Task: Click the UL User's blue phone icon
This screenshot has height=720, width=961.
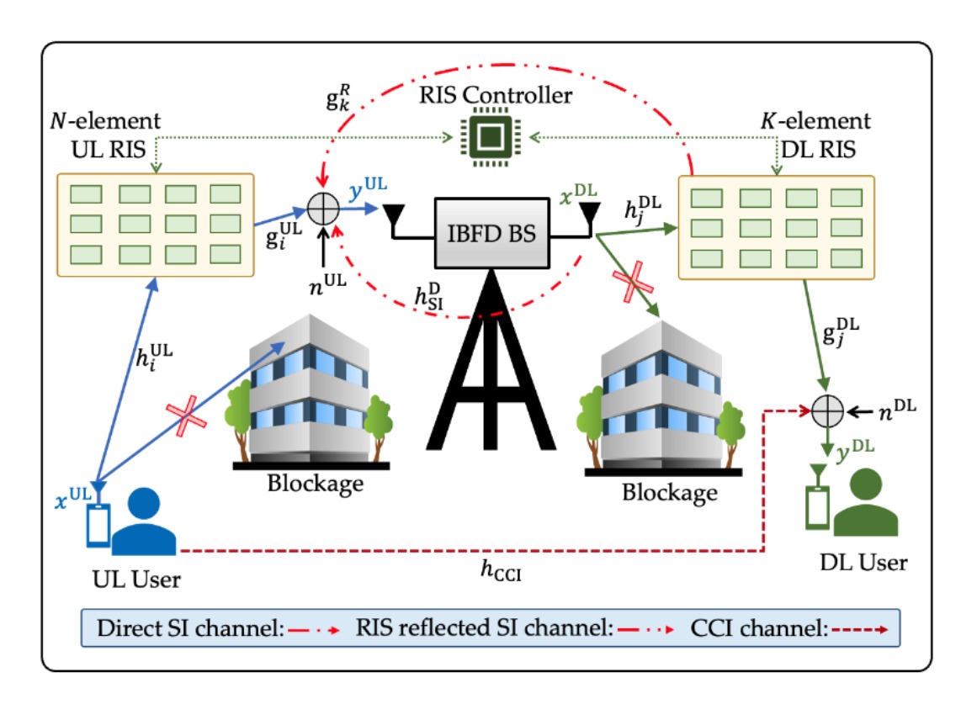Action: click(98, 526)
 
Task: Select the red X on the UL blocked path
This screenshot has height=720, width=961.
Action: click(186, 415)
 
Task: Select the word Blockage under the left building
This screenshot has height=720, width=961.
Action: click(316, 484)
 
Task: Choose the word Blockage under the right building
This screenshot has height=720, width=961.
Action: click(670, 491)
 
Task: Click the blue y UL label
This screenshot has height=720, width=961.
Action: click(368, 188)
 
